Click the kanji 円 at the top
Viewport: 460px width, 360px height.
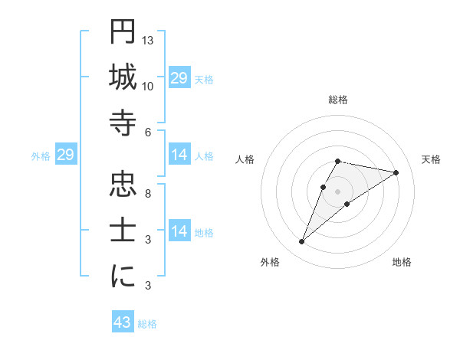[x=123, y=31]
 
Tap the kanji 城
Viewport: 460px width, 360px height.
[x=123, y=77]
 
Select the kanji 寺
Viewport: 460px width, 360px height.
[x=123, y=123]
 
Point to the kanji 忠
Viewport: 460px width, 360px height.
[x=123, y=185]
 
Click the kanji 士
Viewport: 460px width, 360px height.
[x=123, y=231]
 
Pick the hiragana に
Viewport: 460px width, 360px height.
[x=123, y=277]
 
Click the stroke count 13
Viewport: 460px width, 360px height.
[x=149, y=40]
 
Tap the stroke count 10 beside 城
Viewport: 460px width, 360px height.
[x=149, y=86]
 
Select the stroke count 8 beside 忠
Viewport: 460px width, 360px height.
[x=147, y=193]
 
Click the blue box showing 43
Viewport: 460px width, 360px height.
[x=123, y=322]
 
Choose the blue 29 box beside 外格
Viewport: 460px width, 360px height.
[x=65, y=155]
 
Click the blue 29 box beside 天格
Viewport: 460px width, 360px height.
[x=179, y=78]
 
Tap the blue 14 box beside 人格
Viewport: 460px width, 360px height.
[x=179, y=155]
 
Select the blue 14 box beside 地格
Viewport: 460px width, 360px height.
[x=179, y=232]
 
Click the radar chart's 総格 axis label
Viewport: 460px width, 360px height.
[x=337, y=100]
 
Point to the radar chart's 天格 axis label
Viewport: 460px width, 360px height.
[x=431, y=159]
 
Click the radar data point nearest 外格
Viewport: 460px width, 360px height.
[x=302, y=242]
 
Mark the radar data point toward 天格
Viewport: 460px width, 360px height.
[x=396, y=172]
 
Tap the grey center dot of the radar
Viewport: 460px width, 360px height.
[x=337, y=191]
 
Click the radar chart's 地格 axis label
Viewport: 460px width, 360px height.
[x=402, y=262]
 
